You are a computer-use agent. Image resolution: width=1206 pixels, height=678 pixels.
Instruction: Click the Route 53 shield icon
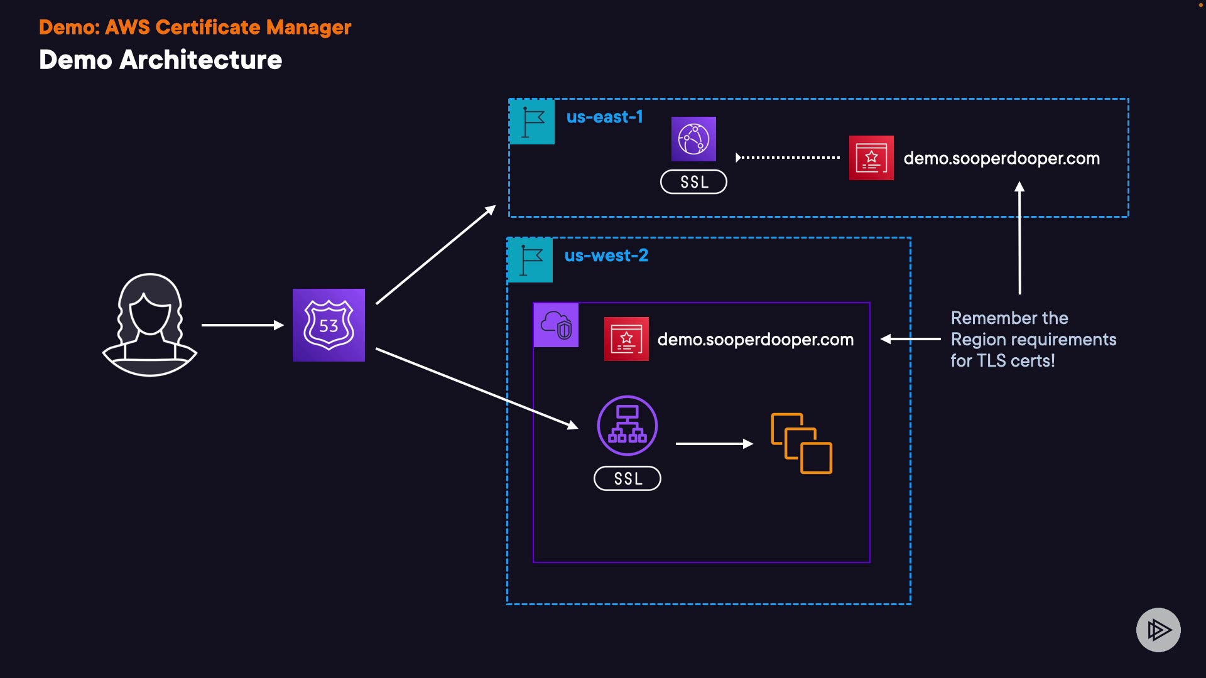[x=329, y=325]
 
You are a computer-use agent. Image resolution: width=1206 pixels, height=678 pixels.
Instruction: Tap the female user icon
[x=149, y=325]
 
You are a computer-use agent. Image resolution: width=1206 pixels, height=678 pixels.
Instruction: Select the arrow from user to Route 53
[x=242, y=325]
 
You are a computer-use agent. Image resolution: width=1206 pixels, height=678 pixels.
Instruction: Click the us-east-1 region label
[x=605, y=117]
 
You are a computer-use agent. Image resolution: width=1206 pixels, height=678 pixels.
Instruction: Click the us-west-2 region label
[x=606, y=256]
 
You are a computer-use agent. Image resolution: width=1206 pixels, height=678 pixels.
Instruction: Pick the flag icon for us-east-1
[x=532, y=122]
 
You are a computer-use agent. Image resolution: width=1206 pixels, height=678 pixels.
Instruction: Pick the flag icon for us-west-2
[x=531, y=261]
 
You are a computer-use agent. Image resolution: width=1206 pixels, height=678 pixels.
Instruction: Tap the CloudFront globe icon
[x=693, y=139]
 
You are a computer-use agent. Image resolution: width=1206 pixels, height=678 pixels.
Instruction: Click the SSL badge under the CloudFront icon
[x=693, y=182]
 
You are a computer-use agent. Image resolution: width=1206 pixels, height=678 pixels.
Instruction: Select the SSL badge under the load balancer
[x=627, y=478]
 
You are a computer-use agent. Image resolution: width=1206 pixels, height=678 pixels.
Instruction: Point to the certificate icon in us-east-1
[x=871, y=158]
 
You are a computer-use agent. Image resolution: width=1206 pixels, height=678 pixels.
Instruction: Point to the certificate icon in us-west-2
[x=626, y=339]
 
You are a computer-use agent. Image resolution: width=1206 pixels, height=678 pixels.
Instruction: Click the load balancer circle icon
[x=627, y=426]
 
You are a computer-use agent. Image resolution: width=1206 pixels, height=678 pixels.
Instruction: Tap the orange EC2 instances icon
[x=801, y=443]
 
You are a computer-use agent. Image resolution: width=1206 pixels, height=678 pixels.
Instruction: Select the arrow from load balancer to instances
[x=714, y=444]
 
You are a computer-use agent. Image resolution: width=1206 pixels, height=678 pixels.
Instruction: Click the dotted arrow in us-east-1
[x=788, y=158]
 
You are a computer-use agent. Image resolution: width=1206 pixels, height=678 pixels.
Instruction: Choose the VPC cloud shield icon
[x=556, y=325]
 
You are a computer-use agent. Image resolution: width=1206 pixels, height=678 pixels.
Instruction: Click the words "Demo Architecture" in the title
[x=160, y=60]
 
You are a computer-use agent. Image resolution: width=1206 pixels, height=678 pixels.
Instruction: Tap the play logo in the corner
[x=1158, y=630]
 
